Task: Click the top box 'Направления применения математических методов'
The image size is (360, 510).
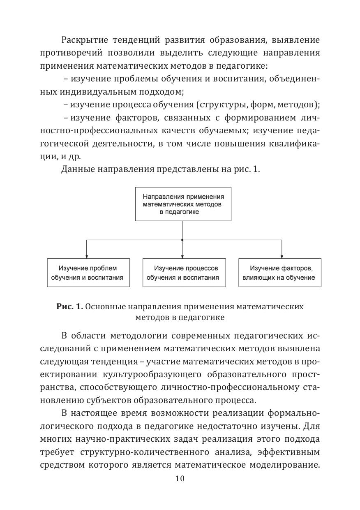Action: [183, 204]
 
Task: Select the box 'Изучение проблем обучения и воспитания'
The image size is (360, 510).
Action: [88, 273]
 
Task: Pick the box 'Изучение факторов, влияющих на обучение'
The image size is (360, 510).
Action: [280, 273]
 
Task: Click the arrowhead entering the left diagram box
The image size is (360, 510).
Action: [86, 256]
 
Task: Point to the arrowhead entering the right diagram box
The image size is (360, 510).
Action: [282, 256]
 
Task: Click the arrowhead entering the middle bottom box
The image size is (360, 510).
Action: [182, 256]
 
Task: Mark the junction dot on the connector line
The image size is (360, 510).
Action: [182, 239]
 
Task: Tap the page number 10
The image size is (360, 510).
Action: [180, 478]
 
